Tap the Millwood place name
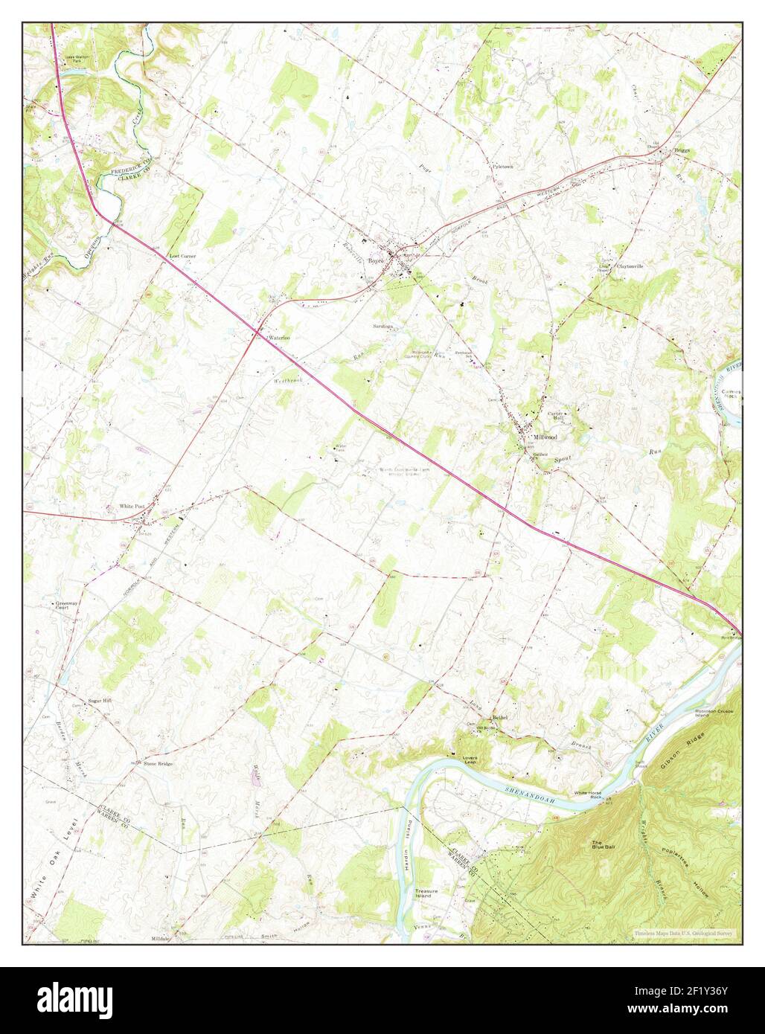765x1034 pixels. click(545, 437)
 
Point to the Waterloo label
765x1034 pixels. click(278, 338)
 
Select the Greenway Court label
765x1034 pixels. click(65, 605)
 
